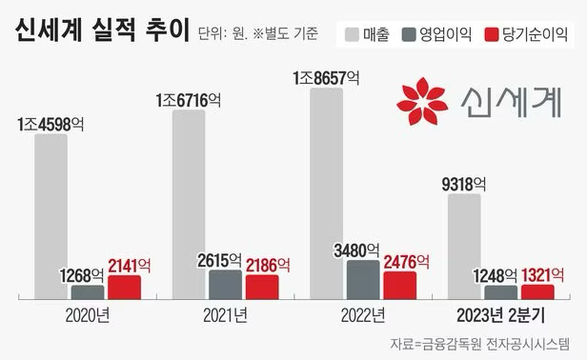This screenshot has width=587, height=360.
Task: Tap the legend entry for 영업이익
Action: coord(440,34)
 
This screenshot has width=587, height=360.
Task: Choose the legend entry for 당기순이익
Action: coord(526,34)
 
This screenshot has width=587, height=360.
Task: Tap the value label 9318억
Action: coord(464,185)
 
